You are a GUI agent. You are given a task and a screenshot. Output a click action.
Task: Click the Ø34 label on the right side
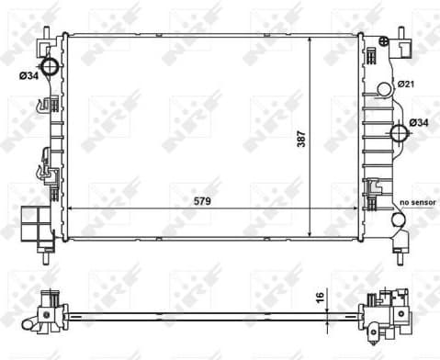coord(419,123)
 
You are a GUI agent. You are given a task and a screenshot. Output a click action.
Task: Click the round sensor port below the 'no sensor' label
coord(399,220)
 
